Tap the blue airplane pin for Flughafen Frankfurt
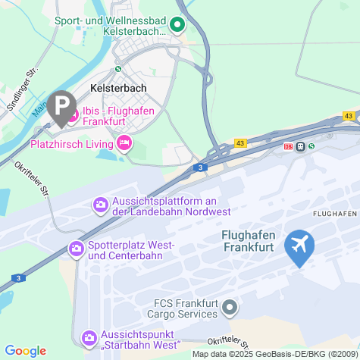(301, 246)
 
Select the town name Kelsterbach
(117, 87)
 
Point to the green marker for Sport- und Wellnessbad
(177, 25)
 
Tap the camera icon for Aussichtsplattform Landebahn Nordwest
(100, 205)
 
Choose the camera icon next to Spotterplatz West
(76, 248)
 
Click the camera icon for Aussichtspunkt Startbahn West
(89, 337)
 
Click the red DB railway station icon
(288, 146)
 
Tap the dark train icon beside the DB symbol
(301, 146)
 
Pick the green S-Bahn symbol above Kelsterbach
(117, 68)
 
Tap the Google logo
(25, 350)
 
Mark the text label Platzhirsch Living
(71, 142)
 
